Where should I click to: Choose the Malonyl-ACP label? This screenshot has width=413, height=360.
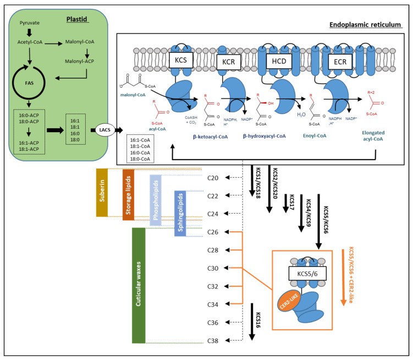[87, 70]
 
